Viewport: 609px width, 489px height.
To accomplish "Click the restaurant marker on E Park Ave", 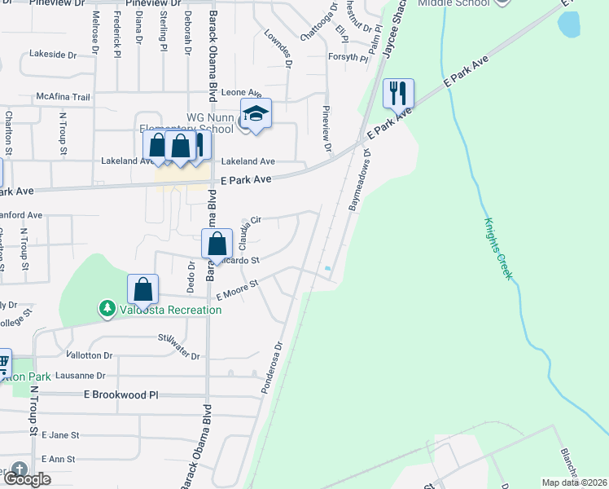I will pos(397,93).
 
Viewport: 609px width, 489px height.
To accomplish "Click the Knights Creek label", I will pos(497,248).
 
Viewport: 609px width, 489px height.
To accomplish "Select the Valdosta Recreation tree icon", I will pos(107,309).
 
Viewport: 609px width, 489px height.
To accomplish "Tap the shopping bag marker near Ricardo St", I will pos(217,244).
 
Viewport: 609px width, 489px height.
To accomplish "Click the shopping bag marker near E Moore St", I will pos(142,289).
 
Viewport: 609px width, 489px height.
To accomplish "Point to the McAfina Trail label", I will pos(63,97).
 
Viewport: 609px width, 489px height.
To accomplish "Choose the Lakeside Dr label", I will pos(52,55).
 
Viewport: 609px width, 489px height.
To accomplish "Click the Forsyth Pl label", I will pos(348,57).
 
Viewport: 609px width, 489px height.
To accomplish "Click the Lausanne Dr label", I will pos(78,376).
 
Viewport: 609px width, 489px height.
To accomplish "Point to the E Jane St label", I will pos(59,436).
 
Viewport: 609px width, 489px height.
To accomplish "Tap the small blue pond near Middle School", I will pos(569,25).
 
